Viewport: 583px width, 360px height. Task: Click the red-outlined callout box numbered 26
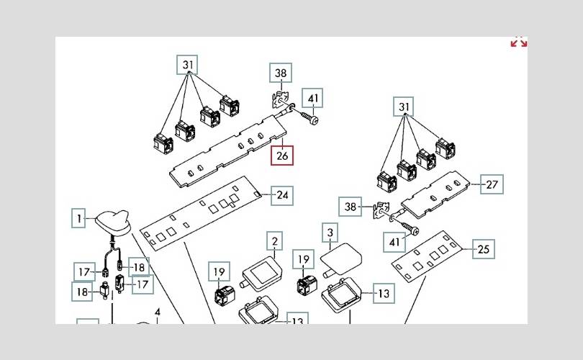[x=282, y=156]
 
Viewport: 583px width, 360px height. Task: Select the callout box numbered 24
[x=282, y=196]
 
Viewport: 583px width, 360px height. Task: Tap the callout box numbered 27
[x=492, y=184]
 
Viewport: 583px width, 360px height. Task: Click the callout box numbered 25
[x=484, y=249]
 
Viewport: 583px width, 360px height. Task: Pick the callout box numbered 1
[x=78, y=218]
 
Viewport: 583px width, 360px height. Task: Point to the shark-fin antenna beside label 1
[x=114, y=222]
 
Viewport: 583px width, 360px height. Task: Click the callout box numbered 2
[x=275, y=241]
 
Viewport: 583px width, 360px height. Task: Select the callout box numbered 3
[x=330, y=233]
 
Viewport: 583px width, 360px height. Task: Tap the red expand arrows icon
[x=519, y=42]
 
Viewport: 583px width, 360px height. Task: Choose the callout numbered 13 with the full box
[x=384, y=294]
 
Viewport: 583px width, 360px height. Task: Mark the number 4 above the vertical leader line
[x=158, y=312]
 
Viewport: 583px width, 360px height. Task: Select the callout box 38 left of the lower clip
[x=350, y=207]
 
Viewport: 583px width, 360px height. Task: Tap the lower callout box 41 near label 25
[x=394, y=243]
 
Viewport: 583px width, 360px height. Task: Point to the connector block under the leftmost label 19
[x=225, y=294]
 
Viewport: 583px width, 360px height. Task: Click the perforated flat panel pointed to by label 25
[x=427, y=256]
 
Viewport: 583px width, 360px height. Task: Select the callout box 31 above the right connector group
[x=404, y=107]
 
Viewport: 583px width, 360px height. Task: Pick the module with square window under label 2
[x=261, y=274]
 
